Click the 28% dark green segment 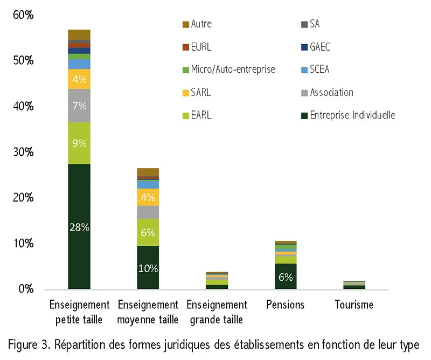point(79,226)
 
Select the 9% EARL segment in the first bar point(79,143)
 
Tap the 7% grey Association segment point(79,106)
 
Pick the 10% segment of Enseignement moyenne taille point(148,268)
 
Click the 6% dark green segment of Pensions point(286,276)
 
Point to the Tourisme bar point(354,285)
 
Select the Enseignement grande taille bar point(217,281)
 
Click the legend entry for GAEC point(316,47)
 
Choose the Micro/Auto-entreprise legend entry point(228,70)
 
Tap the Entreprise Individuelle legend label point(353,115)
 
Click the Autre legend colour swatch point(186,24)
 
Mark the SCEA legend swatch point(304,70)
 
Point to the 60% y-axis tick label point(23,15)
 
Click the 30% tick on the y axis point(23,152)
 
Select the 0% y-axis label point(26,289)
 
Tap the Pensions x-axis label point(286,304)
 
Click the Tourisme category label point(354,304)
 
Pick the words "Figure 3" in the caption point(29,345)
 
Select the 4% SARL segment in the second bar point(148,197)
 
